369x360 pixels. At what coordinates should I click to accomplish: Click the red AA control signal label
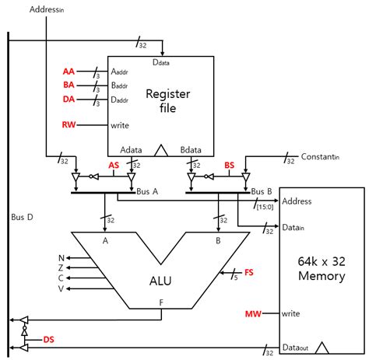[x=69, y=72]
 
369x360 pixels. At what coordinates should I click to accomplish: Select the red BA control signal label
[x=69, y=85]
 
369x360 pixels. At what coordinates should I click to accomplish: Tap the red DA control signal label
[x=69, y=99]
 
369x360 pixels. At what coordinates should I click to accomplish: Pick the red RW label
[x=69, y=124]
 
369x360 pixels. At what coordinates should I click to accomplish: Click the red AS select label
[x=114, y=165]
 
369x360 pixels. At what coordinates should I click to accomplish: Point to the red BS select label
[x=230, y=165]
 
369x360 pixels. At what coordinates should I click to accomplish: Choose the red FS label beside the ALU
[x=249, y=272]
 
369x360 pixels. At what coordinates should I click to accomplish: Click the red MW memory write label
[x=253, y=314]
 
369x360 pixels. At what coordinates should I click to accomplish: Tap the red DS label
[x=48, y=340]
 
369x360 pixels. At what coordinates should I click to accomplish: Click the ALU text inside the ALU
[x=160, y=281]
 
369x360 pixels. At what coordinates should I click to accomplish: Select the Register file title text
[x=168, y=101]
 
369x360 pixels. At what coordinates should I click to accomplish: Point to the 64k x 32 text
[x=322, y=261]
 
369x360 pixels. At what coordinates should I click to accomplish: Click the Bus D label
[x=22, y=217]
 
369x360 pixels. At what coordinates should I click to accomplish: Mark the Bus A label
[x=147, y=191]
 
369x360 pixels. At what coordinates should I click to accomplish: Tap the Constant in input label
[x=320, y=157]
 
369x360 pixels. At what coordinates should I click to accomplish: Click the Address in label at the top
[x=47, y=9]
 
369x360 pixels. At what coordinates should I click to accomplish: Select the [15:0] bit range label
[x=265, y=207]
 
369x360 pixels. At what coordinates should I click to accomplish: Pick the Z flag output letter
[x=61, y=267]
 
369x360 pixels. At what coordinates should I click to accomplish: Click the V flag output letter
[x=61, y=288]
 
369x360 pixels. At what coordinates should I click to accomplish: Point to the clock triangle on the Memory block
[x=322, y=348]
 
